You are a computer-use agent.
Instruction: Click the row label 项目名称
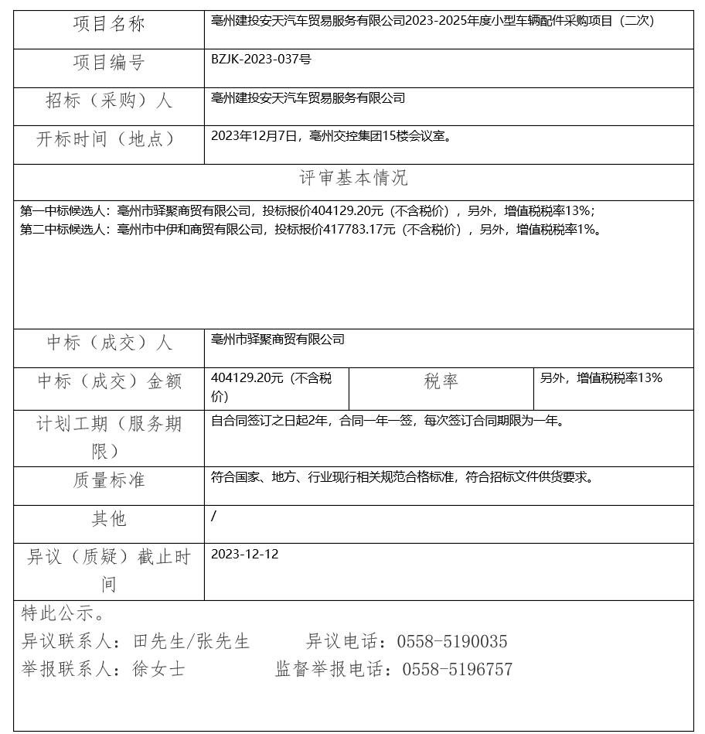coord(109,25)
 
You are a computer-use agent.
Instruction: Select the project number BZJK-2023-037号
coord(261,59)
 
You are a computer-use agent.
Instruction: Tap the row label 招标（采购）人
coord(109,101)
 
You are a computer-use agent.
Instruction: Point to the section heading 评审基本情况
coord(353,179)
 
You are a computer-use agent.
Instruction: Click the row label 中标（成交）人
coord(109,343)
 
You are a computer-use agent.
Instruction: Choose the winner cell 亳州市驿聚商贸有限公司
coord(278,339)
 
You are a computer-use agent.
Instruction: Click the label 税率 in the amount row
coord(441,381)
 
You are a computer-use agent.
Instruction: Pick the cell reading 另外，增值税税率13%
coord(601,377)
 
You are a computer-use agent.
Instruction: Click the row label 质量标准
coord(109,480)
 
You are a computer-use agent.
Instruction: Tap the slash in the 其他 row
coord(213,516)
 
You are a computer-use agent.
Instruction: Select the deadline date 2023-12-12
coord(244,554)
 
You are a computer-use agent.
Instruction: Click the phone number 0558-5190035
coord(452,642)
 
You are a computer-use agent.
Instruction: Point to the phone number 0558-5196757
coord(457,670)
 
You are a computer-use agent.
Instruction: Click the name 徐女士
coord(158,670)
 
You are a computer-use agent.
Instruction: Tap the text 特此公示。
coord(63,614)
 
